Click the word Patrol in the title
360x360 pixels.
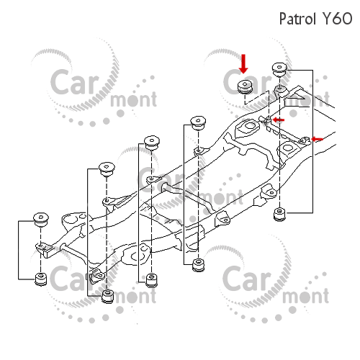297,19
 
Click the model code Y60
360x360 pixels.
337,19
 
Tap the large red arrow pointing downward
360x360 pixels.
243,64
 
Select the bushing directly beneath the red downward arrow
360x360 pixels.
245,87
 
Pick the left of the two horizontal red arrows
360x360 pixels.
279,120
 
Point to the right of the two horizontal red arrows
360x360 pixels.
317,139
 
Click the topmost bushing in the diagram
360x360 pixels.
279,70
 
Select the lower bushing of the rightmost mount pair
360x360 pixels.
279,215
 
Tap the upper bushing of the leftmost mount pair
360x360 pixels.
41,220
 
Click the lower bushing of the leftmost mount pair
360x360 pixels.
41,279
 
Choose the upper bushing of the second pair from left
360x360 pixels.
107,169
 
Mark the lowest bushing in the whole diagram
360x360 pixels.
107,297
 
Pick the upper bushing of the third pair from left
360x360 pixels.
152,143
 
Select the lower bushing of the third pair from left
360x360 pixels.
152,281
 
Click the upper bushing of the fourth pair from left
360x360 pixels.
198,123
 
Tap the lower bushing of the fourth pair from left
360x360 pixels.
199,265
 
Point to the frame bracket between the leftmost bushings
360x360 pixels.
45,250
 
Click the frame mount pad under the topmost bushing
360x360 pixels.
281,91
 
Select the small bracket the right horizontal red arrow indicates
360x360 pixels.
305,140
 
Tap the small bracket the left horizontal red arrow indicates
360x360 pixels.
265,120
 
